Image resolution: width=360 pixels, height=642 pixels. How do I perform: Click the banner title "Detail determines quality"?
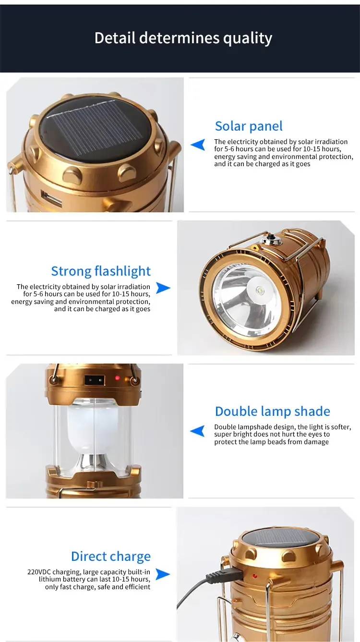[183, 38]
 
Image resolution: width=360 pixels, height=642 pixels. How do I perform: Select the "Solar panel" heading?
[249, 126]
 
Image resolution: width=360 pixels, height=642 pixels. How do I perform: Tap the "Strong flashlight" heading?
[101, 271]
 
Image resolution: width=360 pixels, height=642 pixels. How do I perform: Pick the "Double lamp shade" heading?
[272, 411]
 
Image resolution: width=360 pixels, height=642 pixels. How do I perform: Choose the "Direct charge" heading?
[110, 556]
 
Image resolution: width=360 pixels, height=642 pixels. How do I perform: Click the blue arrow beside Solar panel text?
[198, 145]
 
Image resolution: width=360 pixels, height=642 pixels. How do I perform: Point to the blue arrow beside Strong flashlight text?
[163, 288]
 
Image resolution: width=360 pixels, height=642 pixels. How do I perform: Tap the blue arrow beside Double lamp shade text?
[197, 431]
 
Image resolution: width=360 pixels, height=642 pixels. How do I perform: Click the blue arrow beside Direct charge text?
[163, 574]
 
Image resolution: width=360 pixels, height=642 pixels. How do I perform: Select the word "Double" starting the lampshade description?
[226, 427]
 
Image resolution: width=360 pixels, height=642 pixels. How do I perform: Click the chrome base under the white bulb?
[90, 461]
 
